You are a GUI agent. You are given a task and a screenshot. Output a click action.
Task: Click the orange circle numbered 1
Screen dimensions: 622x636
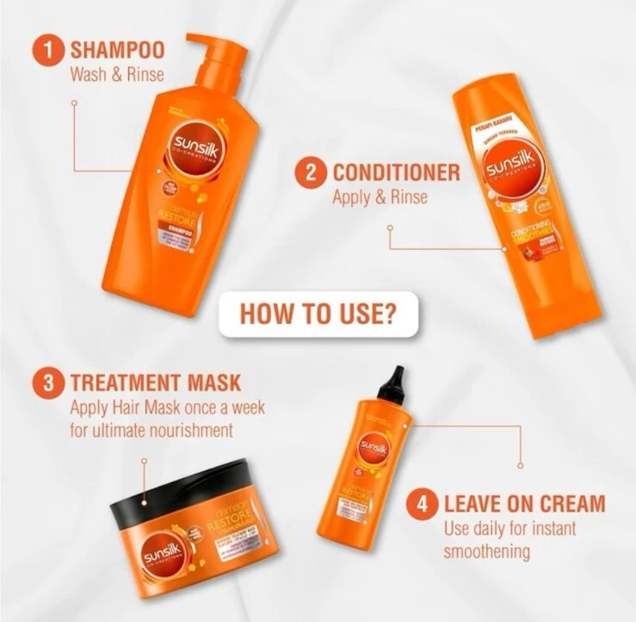(48, 48)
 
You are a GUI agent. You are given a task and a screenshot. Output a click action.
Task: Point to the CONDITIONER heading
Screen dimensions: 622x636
(396, 172)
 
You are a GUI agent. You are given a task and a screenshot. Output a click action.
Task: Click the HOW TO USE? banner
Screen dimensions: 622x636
(318, 314)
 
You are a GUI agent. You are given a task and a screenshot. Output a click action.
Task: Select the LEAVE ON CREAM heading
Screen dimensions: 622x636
(524, 503)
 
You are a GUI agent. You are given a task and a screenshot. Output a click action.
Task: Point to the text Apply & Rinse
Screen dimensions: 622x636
(380, 197)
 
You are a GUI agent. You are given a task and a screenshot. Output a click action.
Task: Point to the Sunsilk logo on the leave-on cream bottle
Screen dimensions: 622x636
(373, 449)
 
